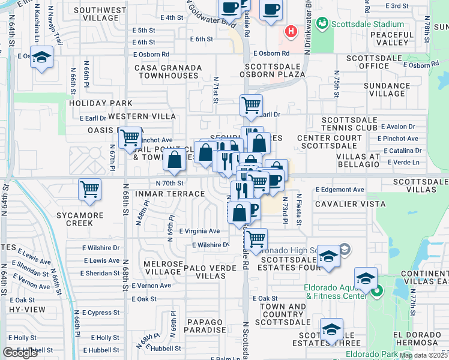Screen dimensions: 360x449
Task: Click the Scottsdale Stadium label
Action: tap(365, 24)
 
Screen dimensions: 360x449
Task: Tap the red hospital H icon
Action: tap(291, 31)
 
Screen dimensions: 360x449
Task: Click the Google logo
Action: tap(20, 353)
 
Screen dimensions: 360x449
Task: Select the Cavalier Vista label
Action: tap(356, 204)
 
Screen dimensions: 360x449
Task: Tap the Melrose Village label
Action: tap(163, 268)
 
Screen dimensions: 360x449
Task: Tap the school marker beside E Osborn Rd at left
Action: tap(41, 58)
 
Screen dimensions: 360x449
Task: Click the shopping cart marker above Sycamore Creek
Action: tap(89, 190)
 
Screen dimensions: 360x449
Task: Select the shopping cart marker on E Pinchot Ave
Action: tap(130, 138)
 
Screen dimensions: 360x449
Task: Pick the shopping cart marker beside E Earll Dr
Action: tap(251, 105)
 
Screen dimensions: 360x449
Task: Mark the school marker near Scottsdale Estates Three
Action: tap(331, 329)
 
